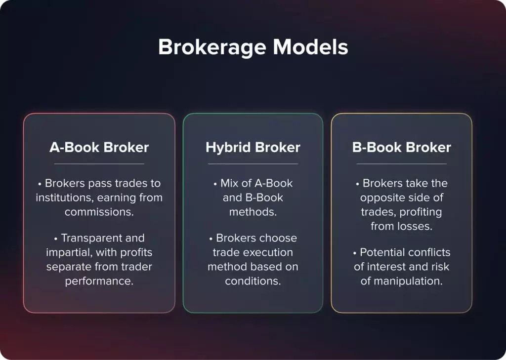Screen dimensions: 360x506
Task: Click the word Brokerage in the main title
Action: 212,47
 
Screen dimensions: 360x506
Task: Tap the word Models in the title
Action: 311,47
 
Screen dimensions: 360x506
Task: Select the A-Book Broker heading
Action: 99,147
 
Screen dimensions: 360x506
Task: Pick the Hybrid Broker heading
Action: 253,147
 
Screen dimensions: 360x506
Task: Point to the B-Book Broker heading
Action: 402,147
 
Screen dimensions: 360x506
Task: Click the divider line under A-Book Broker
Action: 99,163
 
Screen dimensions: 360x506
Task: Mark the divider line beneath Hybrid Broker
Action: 253,163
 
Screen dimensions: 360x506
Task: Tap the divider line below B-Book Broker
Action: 402,163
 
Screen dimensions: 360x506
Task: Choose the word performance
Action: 99,281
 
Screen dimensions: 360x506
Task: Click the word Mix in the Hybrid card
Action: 230,183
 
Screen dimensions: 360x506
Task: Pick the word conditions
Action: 253,281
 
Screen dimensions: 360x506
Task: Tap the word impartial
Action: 68,252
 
